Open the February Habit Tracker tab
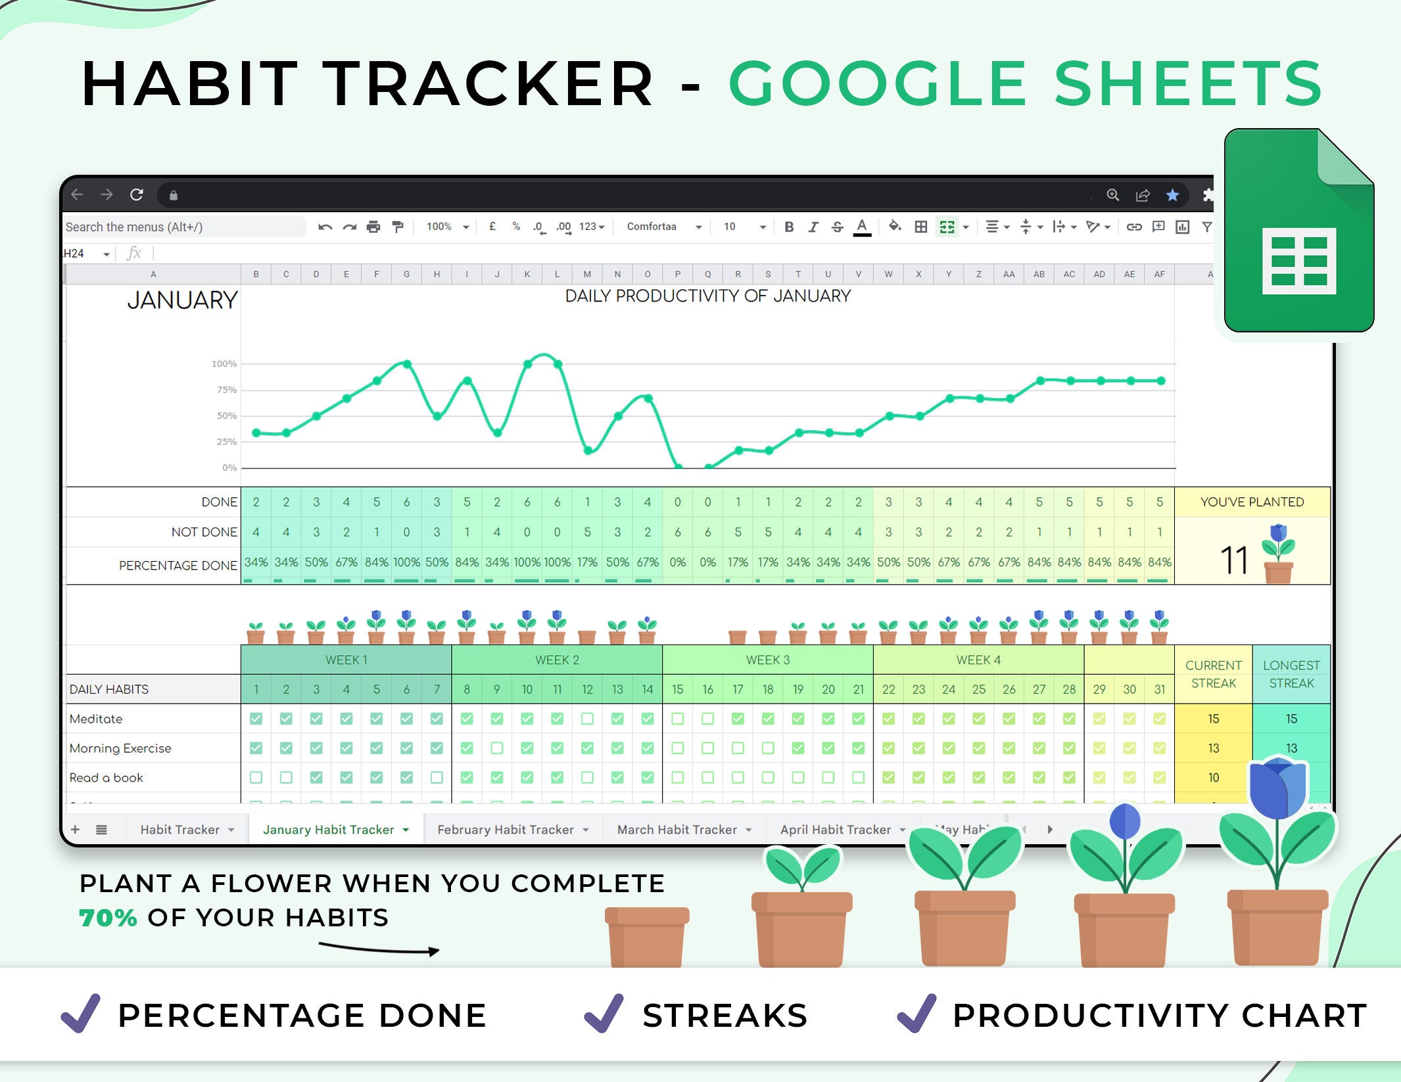coord(505,830)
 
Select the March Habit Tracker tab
coord(677,830)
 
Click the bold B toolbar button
coord(789,227)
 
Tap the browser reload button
coord(137,195)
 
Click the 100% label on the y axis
coord(224,364)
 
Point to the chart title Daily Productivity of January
coord(707,296)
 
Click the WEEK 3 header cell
coord(767,660)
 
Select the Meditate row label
coord(96,719)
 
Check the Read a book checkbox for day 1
coord(256,778)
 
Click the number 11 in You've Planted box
coord(1234,560)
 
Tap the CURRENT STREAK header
coord(1213,674)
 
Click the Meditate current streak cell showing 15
coord(1213,719)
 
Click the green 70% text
coord(108,918)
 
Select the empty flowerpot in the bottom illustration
coord(647,936)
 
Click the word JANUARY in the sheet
coord(182,300)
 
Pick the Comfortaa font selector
coord(663,227)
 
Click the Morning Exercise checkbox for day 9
coord(497,748)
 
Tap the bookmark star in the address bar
coord(1172,195)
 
